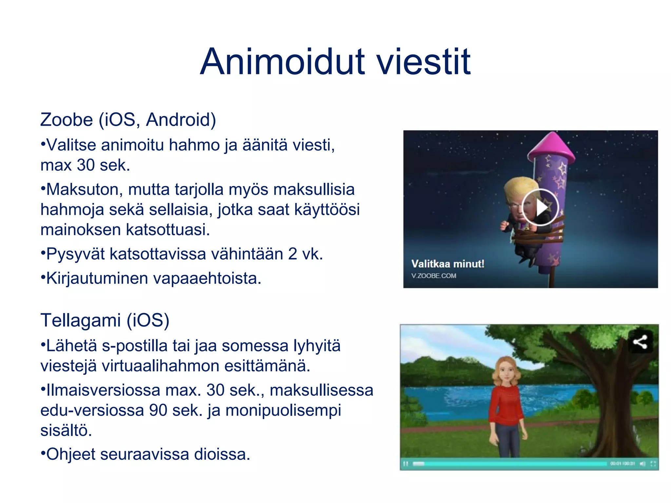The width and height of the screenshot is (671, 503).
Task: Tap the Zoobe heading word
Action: click(67, 120)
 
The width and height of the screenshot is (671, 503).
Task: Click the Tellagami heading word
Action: click(81, 320)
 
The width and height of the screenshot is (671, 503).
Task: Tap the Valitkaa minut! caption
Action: click(448, 264)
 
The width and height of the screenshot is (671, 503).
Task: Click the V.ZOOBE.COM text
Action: click(433, 276)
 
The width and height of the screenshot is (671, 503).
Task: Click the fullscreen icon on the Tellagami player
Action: click(653, 464)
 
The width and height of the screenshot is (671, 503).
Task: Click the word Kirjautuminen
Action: click(97, 279)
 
